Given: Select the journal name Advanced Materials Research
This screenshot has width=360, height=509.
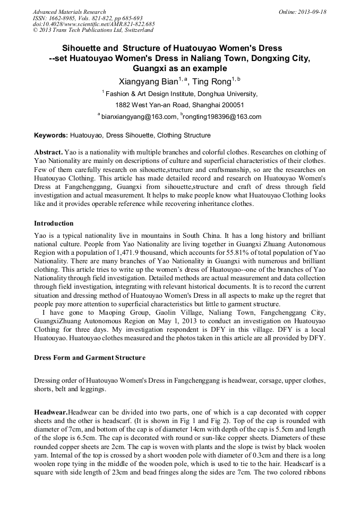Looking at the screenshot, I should (x=69, y=12).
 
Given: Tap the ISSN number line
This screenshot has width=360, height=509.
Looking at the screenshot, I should (x=88, y=18).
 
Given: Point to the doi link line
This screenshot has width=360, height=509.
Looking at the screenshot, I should (x=93, y=24).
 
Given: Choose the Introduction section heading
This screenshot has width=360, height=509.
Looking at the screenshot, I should (x=54, y=223).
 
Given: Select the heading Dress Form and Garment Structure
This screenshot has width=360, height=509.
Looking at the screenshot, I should (x=89, y=358).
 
